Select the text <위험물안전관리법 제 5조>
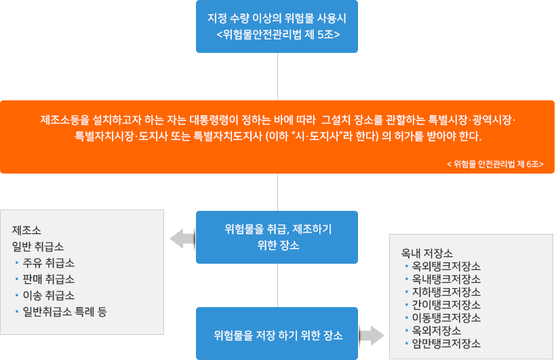click(277, 34)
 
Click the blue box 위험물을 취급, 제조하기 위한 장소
click(277, 237)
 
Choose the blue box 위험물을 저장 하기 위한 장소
click(277, 335)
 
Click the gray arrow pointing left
click(182, 238)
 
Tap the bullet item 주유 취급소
click(48, 262)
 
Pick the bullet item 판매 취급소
click(48, 279)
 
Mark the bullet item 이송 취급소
click(48, 295)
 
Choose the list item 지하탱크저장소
click(445, 292)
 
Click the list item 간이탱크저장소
click(445, 304)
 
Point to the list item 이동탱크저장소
click(445, 317)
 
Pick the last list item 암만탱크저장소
click(445, 343)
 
